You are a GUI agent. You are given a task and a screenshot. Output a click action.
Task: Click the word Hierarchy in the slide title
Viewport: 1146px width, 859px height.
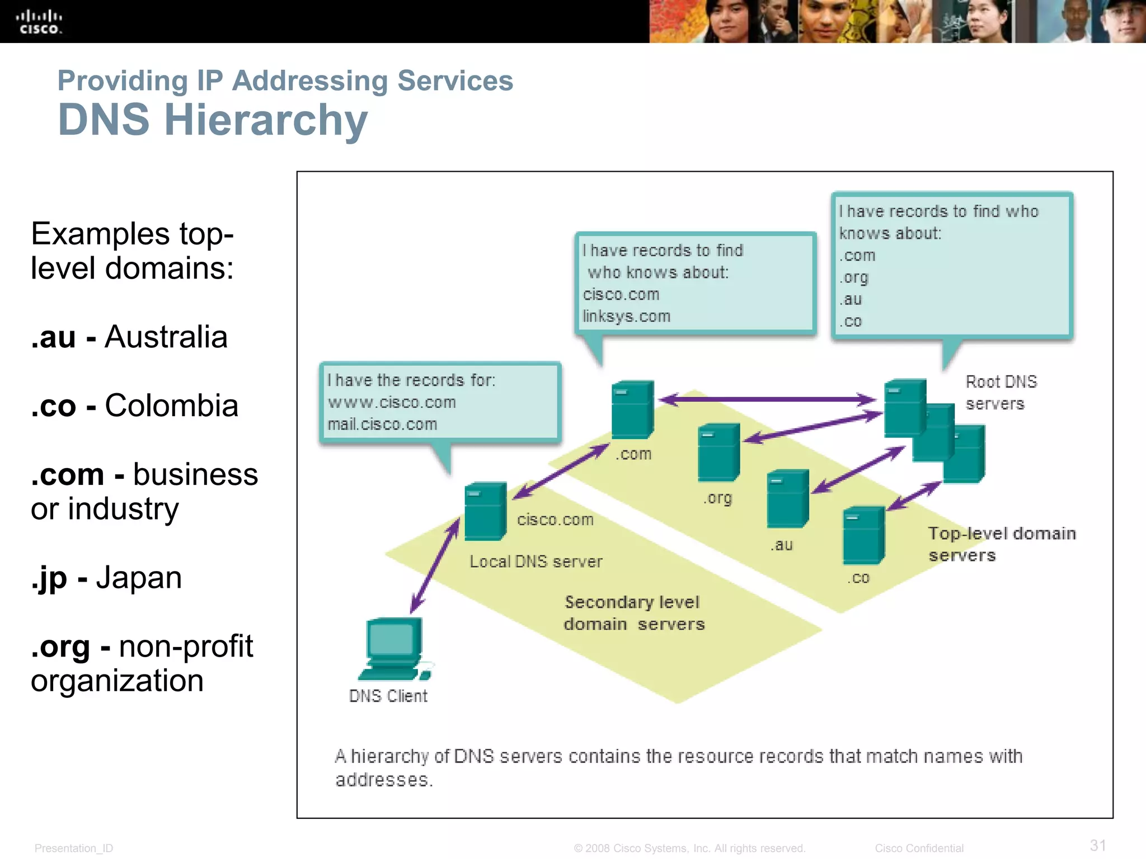[266, 120]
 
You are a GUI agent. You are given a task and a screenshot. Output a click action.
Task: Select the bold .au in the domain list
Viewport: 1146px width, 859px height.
[53, 337]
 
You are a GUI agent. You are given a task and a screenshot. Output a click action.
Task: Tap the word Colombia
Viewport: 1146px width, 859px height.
[171, 405]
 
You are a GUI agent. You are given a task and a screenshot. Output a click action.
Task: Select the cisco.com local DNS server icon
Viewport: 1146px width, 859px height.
[485, 511]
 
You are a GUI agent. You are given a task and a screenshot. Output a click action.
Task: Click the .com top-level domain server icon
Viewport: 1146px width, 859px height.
[632, 409]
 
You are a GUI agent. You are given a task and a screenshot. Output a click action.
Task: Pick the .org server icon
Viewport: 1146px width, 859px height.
[718, 452]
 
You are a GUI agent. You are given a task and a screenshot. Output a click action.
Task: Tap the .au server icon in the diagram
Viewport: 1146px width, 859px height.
[787, 498]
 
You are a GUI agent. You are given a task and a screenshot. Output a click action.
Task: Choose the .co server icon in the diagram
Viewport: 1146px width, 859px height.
[863, 535]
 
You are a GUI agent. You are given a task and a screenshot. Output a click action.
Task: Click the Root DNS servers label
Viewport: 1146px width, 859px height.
[1001, 393]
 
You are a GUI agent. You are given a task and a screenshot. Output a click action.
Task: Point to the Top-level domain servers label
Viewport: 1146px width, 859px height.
[1001, 544]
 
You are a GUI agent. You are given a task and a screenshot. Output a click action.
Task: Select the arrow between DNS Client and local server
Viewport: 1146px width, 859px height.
[435, 565]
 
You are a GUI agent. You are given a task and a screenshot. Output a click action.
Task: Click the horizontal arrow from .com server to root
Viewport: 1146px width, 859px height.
[767, 399]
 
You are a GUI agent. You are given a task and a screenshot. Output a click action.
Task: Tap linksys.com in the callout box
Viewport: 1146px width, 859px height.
[626, 317]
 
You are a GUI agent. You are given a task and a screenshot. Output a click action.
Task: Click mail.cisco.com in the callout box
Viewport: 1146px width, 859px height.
[382, 424]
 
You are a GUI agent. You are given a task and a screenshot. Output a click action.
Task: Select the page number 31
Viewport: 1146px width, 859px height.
[1097, 845]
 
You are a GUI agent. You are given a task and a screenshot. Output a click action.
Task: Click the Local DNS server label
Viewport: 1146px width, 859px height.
[536, 561]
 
